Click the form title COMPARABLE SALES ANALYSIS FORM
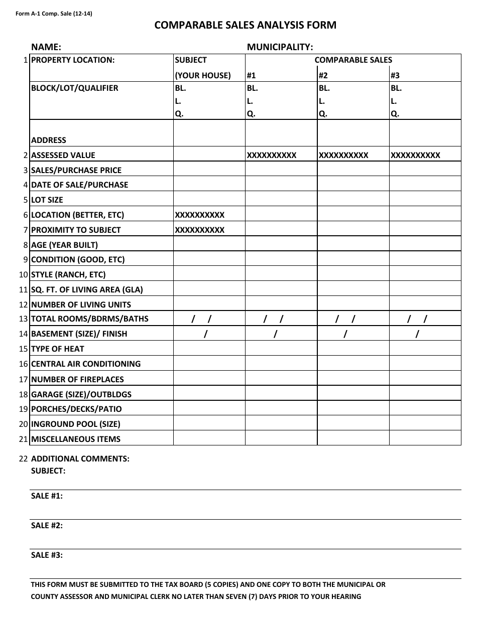click(x=246, y=26)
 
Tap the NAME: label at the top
click(x=46, y=47)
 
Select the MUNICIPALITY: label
click(x=280, y=47)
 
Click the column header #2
click(x=323, y=76)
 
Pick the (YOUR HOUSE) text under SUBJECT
click(x=203, y=76)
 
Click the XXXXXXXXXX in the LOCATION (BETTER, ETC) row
click(x=199, y=215)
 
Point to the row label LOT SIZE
click(x=47, y=200)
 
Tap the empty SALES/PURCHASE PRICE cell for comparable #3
click(x=425, y=170)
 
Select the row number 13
click(x=23, y=319)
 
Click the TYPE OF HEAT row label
click(x=58, y=349)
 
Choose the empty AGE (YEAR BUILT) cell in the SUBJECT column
click(x=209, y=245)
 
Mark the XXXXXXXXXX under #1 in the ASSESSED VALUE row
click(x=272, y=155)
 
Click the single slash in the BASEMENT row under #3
click(x=417, y=334)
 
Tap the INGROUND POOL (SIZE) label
click(x=76, y=424)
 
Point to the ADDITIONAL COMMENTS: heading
click(x=80, y=458)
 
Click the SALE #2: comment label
click(x=47, y=525)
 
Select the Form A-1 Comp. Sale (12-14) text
click(x=54, y=14)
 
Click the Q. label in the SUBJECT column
click(x=179, y=113)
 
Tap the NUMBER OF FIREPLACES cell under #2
click(x=353, y=379)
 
